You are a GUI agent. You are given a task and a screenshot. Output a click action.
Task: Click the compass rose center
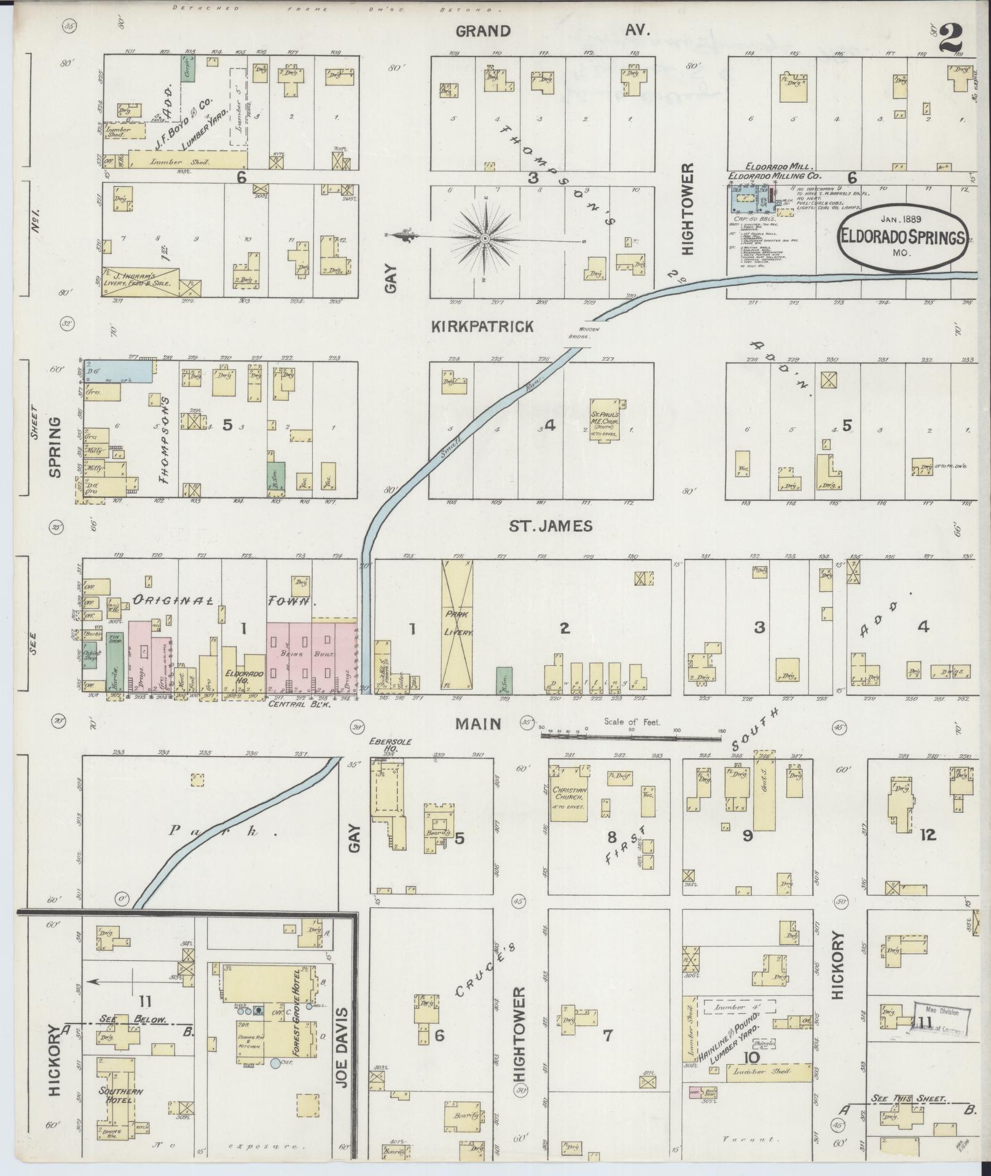pyautogui.click(x=485, y=238)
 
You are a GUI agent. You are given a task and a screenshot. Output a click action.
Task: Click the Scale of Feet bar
pyautogui.click(x=633, y=733)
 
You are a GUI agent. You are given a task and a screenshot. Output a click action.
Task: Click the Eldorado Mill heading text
pyautogui.click(x=780, y=167)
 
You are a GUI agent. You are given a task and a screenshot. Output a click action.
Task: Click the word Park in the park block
pyautogui.click(x=210, y=832)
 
